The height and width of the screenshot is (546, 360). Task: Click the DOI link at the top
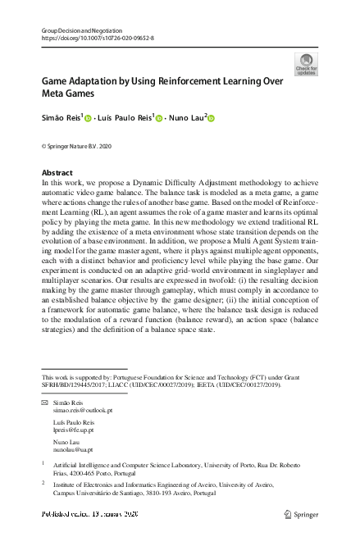97,38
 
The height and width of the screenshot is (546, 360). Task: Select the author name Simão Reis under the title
60,119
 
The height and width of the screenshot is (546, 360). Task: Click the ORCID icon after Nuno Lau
212,119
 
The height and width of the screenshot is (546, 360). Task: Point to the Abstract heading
57,173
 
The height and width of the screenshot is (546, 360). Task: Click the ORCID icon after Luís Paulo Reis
159,119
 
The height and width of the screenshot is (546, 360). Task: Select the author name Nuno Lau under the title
186,119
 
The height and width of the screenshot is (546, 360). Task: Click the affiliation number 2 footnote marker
43,484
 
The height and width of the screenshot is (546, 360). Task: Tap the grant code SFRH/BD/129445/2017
80,384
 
